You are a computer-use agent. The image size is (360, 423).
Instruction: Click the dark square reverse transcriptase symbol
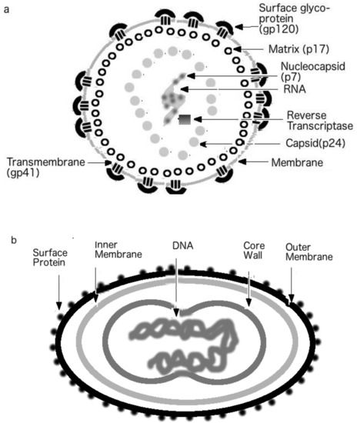[185, 121]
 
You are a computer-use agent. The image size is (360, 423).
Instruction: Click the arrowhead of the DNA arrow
[176, 311]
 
